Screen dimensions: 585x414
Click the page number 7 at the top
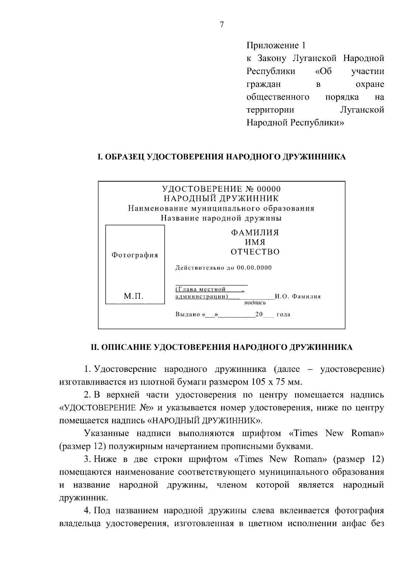pyautogui.click(x=222, y=24)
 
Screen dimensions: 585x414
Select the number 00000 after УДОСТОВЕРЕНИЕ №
pyautogui.click(x=269, y=189)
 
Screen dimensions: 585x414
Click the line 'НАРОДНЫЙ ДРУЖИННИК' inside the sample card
pyautogui.click(x=221, y=199)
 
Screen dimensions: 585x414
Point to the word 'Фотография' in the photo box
pyautogui.click(x=135, y=255)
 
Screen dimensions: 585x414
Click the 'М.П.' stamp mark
pyautogui.click(x=134, y=296)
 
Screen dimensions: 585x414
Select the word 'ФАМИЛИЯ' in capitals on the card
pyautogui.click(x=255, y=233)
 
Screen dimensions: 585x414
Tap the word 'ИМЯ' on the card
pyautogui.click(x=255, y=242)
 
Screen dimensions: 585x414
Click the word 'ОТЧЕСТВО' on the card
pyautogui.click(x=255, y=252)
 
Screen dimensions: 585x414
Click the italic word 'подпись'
pyautogui.click(x=255, y=303)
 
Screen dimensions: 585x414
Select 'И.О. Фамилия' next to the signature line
pyautogui.click(x=298, y=296)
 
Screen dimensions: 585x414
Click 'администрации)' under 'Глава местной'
pyautogui.click(x=201, y=296)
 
